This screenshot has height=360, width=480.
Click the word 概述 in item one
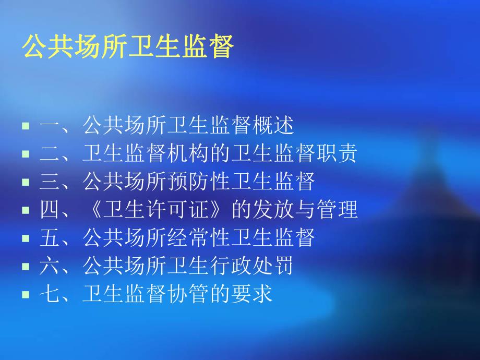[273, 125]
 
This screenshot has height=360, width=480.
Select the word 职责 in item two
[337, 153]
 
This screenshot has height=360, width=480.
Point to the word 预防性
[199, 182]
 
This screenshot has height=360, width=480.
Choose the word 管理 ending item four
[337, 210]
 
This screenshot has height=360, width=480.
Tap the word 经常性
[199, 238]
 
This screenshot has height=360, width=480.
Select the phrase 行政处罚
[251, 266]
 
